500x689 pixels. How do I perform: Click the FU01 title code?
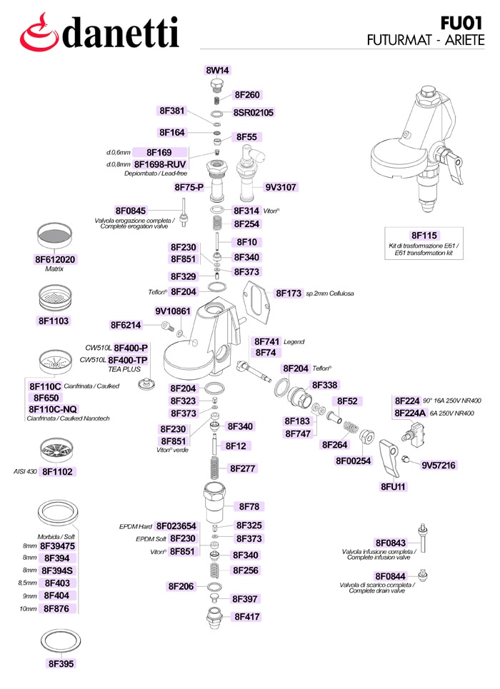pyautogui.click(x=462, y=23)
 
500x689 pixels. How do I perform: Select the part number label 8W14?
pyautogui.click(x=217, y=70)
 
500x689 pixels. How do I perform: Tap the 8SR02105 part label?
pyautogui.click(x=254, y=113)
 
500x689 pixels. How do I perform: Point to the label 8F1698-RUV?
pyautogui.click(x=160, y=164)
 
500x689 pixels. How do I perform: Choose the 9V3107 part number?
pyautogui.click(x=281, y=187)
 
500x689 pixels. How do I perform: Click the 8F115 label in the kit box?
pyautogui.click(x=424, y=236)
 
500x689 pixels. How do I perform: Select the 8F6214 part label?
pyautogui.click(x=126, y=325)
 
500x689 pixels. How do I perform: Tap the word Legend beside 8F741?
pyautogui.click(x=294, y=342)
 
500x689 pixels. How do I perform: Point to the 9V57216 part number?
pyautogui.click(x=439, y=466)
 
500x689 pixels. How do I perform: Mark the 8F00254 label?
pyautogui.click(x=353, y=461)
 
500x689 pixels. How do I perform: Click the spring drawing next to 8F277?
pyautogui.click(x=214, y=468)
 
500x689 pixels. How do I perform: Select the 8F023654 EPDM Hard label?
pyautogui.click(x=176, y=526)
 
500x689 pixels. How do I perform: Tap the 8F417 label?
pyautogui.click(x=247, y=617)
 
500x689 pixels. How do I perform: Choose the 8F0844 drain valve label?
pyautogui.click(x=390, y=576)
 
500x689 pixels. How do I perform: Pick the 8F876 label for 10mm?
pyautogui.click(x=56, y=608)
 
